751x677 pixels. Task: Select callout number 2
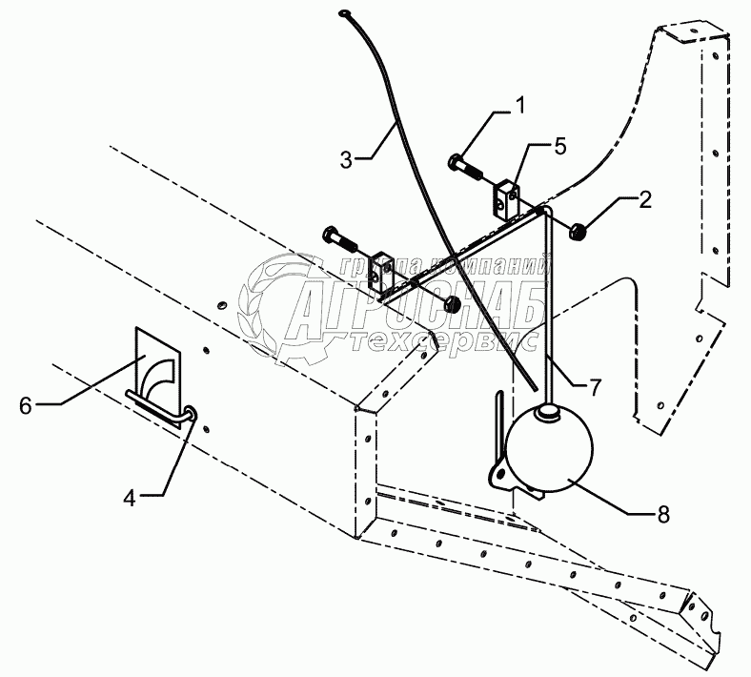click(645, 199)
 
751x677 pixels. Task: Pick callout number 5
click(559, 146)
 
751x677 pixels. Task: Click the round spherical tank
click(549, 451)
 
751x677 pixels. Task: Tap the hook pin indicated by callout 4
click(162, 410)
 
